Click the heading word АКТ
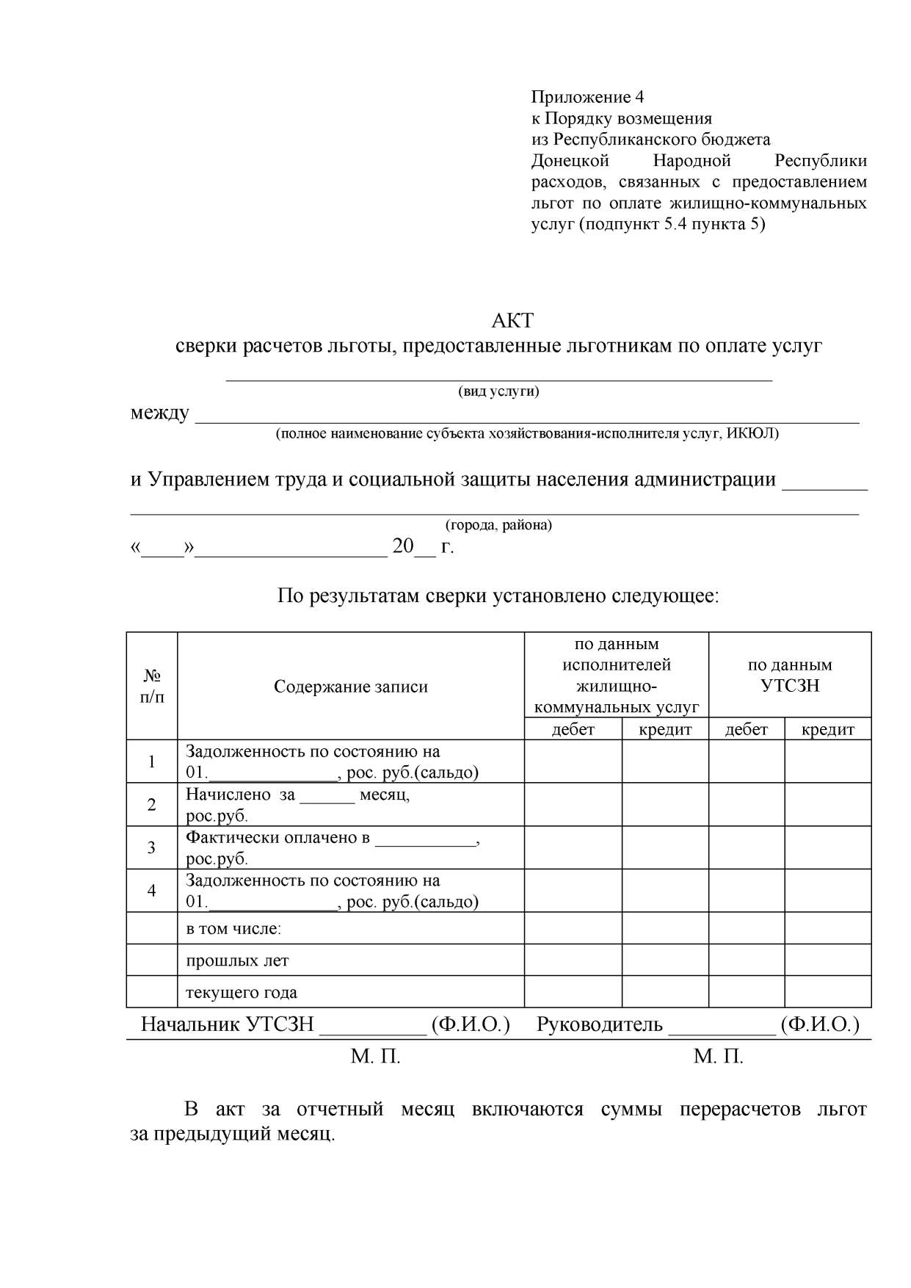click(512, 321)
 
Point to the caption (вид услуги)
click(498, 391)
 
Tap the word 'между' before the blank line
click(159, 413)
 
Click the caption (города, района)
click(498, 525)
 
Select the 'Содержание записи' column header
click(350, 687)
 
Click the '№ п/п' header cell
click(152, 686)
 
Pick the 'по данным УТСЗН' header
click(790, 676)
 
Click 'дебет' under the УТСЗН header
click(746, 729)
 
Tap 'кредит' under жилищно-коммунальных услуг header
click(665, 729)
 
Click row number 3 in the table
click(152, 847)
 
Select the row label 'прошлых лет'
click(237, 960)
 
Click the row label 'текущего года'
click(242, 993)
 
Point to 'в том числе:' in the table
click(233, 929)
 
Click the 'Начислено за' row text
click(240, 795)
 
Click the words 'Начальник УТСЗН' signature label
click(228, 1024)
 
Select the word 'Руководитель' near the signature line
click(599, 1024)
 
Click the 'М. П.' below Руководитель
click(718, 1057)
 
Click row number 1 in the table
click(152, 761)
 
